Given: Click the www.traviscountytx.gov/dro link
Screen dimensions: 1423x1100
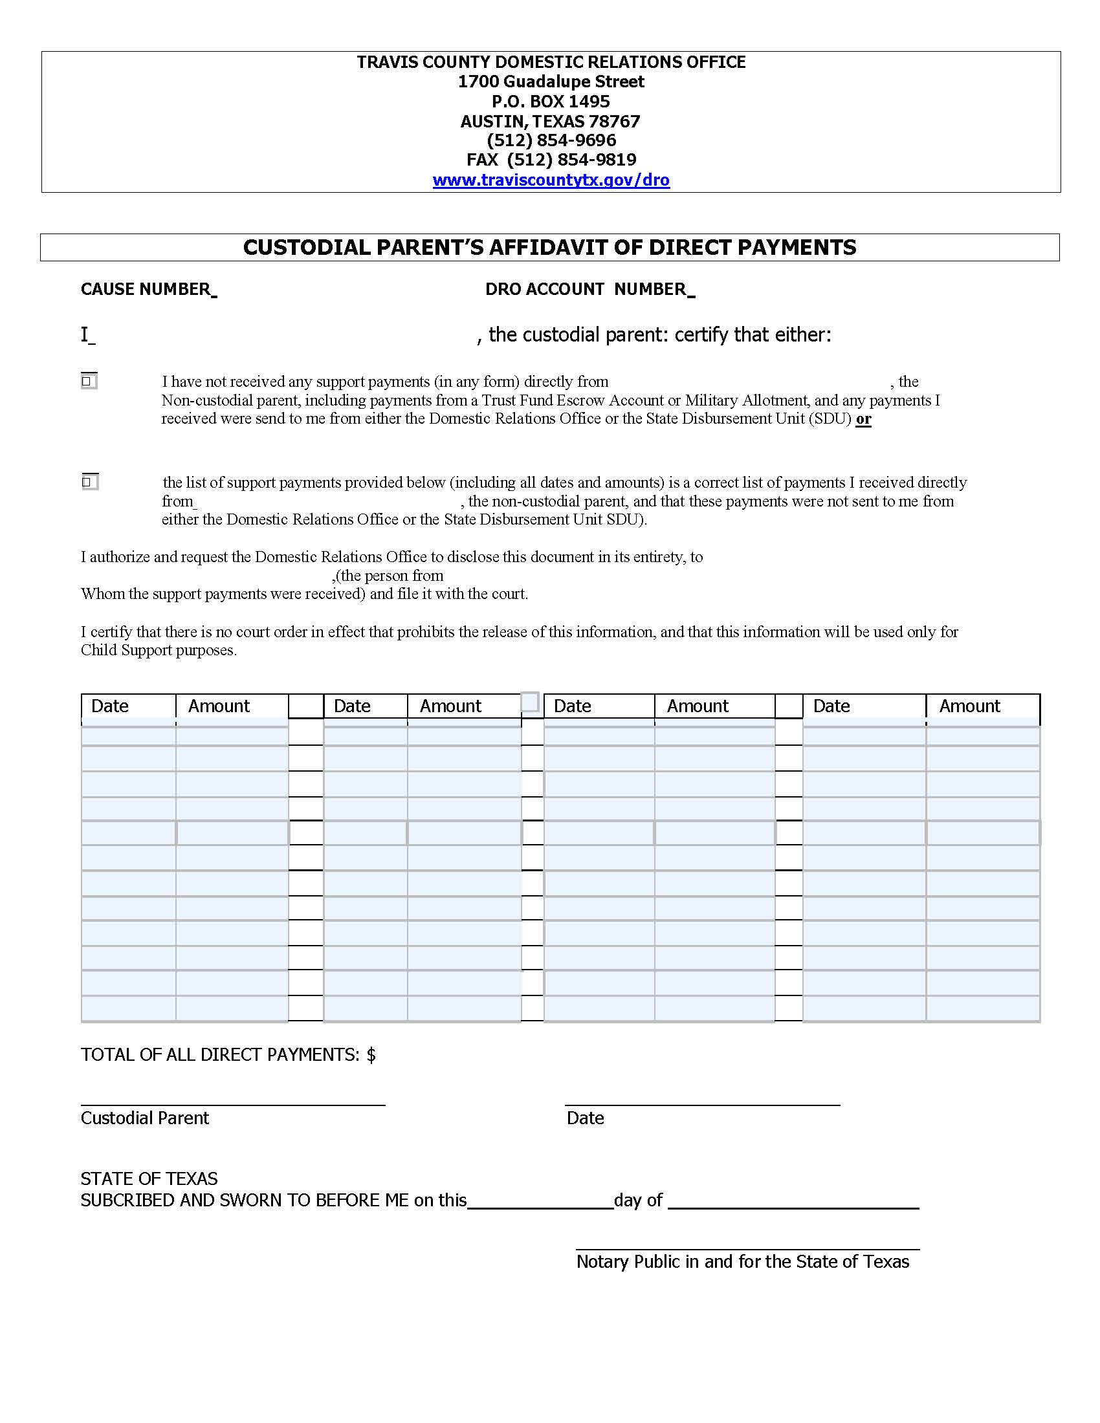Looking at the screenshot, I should [551, 180].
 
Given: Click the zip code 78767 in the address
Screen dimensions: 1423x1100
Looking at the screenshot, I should [614, 121].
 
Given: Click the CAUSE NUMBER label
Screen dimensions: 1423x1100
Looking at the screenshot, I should [146, 289].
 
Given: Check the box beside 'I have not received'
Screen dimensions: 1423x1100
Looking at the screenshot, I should [89, 380].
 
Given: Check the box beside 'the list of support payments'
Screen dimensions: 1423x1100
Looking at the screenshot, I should [89, 481].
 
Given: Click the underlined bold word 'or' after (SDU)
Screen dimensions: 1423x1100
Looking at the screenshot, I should [863, 419].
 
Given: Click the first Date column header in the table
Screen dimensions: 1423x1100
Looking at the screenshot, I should [110, 706].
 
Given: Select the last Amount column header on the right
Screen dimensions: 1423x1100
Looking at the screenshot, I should [969, 706].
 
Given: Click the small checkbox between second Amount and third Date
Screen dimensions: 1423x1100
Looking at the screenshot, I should [531, 702].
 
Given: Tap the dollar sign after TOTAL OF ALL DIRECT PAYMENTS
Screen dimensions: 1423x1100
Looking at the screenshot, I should [371, 1055].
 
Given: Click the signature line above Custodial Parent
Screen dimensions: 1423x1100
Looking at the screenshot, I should [233, 1103].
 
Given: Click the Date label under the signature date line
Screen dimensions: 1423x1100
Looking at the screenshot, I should [585, 1119].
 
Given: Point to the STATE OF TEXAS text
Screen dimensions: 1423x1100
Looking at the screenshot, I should [149, 1179].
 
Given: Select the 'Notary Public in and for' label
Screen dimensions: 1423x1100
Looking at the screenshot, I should [669, 1262].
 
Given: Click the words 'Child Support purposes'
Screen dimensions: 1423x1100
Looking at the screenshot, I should [159, 650].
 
